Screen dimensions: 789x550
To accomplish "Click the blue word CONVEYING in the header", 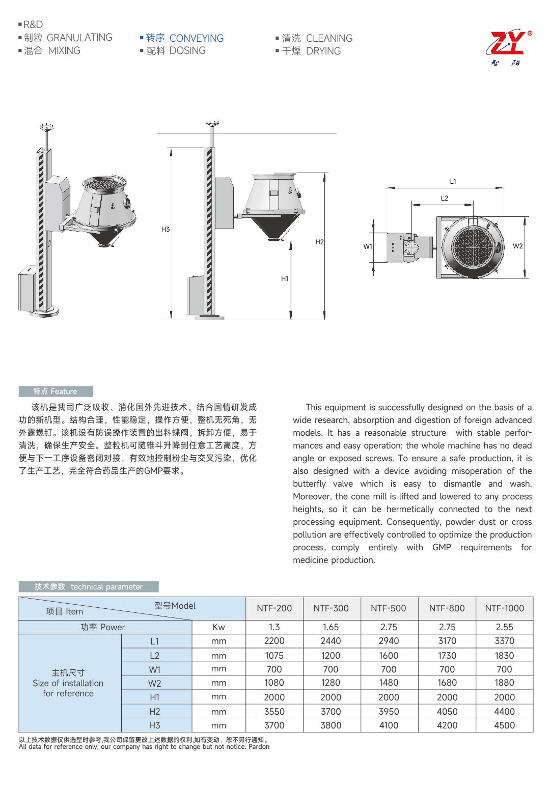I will coord(196,38).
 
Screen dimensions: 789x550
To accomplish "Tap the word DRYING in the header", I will coord(323,51).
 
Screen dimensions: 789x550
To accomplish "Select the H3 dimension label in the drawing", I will coord(166,230).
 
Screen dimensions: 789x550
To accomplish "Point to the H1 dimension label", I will coord(285,278).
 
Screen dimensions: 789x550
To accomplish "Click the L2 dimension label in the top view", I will coord(445,198).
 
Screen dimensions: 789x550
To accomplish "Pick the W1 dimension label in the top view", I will coord(368,246).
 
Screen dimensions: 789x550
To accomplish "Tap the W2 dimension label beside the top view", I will coord(518,246).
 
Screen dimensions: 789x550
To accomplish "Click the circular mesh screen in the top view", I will coord(473,246).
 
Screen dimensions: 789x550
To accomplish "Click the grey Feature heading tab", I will coord(56,391).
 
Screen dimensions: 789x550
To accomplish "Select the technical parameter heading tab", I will coord(88,586).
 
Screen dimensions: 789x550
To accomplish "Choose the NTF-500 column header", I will coord(389,608).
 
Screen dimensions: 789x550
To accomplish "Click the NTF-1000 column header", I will coord(504,608).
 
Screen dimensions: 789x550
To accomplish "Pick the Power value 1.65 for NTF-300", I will coord(331,627).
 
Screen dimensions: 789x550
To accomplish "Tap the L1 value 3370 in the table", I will coord(504,641).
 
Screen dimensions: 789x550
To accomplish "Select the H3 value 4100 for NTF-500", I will coord(389,725).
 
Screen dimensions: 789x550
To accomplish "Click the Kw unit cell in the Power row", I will coord(218,627).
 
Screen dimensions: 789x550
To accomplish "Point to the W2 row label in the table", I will coord(155,683).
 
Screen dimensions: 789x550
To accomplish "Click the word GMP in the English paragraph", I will coord(442,547).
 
